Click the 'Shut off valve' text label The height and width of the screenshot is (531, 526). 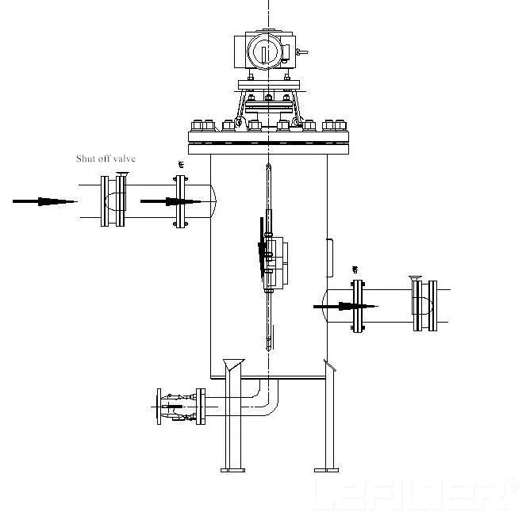106,159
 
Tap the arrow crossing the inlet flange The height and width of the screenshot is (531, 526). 171,201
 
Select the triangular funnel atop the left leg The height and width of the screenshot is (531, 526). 233,365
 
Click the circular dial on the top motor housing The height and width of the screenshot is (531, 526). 259,52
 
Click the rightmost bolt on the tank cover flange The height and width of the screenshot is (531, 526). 343,125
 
